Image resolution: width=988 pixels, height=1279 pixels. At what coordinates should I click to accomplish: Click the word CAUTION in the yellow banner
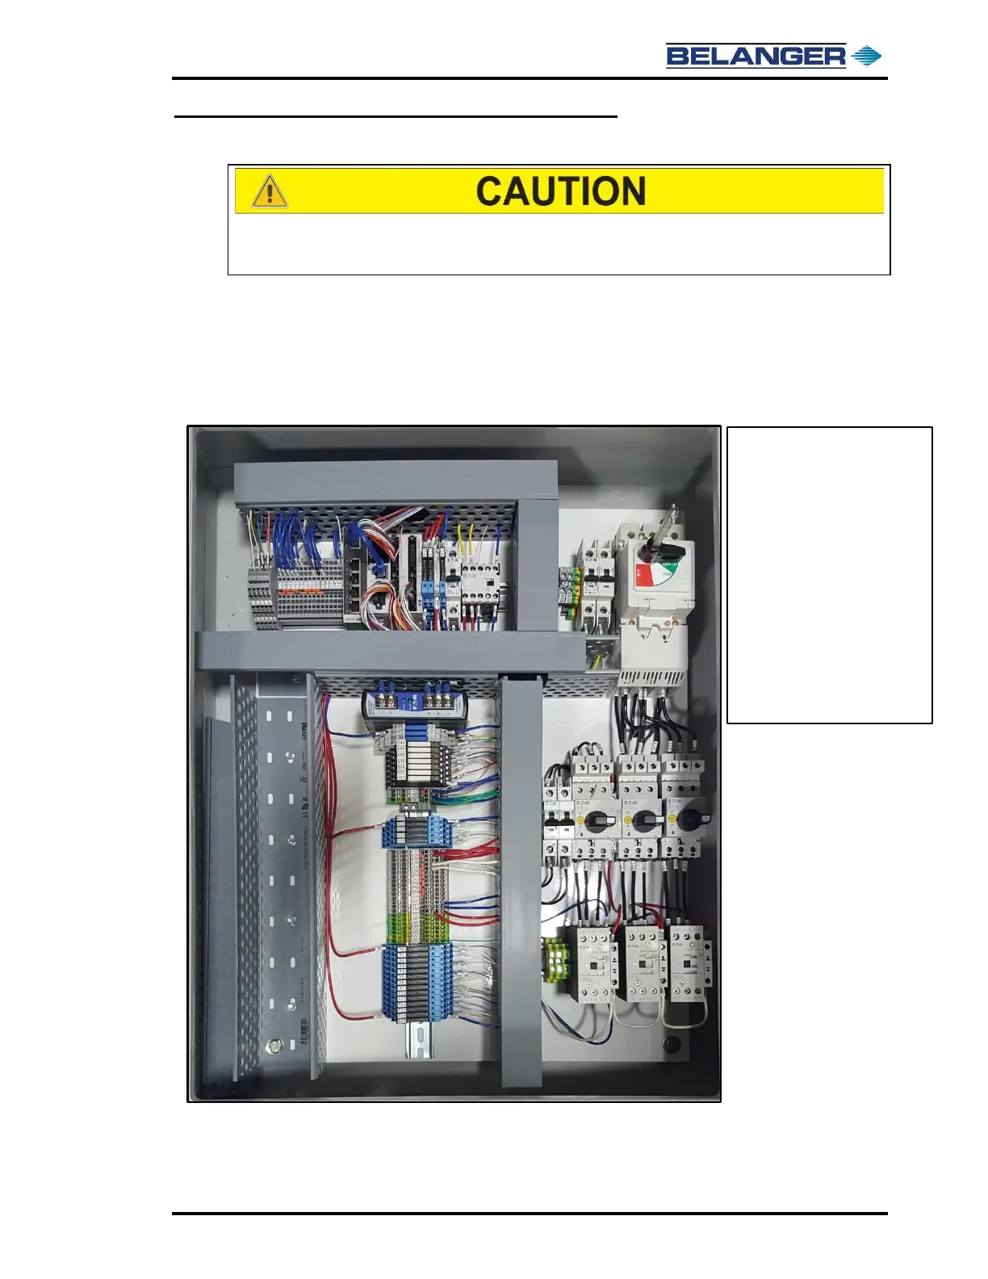pos(560,191)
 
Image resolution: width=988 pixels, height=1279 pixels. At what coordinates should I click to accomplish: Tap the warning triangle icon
pos(270,192)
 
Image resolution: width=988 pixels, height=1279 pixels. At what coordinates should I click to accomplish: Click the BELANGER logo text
pos(756,56)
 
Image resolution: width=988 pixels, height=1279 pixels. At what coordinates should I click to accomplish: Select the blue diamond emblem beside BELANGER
pos(867,56)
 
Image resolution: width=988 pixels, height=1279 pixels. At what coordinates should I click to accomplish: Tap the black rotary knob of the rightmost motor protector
pos(688,820)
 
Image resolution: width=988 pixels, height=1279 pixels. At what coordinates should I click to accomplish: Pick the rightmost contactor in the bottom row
pos(689,964)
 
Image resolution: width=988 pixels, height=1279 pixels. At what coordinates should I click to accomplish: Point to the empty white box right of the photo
pos(829,574)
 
